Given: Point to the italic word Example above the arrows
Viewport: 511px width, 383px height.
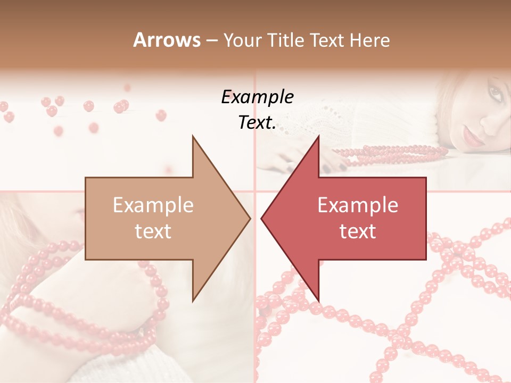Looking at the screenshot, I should (x=258, y=97).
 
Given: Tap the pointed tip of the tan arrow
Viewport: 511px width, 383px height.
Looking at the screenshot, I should (x=250, y=218).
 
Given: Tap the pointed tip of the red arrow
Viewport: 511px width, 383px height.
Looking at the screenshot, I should (x=261, y=218).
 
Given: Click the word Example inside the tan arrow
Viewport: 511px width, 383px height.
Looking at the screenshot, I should (x=153, y=205).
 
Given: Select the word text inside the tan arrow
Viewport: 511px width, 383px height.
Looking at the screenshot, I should (x=153, y=231).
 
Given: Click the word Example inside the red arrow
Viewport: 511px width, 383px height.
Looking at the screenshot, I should (x=358, y=205).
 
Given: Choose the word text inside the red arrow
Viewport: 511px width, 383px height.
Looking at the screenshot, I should (x=358, y=231).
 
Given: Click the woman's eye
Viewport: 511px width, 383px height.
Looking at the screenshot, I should (x=496, y=94).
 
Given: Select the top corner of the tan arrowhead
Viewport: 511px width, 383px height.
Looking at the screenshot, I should (x=193, y=136).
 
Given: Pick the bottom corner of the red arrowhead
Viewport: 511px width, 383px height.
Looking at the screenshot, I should (x=319, y=301).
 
